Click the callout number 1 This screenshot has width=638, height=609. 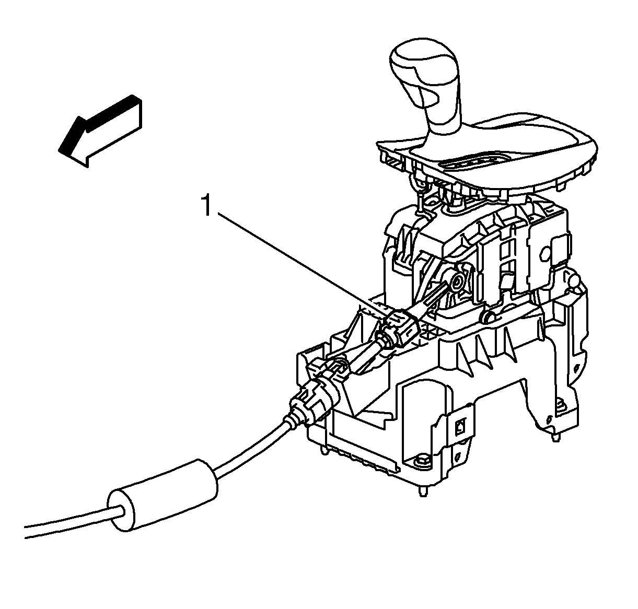pos(206,205)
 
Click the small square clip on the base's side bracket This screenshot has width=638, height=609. pos(460,426)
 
